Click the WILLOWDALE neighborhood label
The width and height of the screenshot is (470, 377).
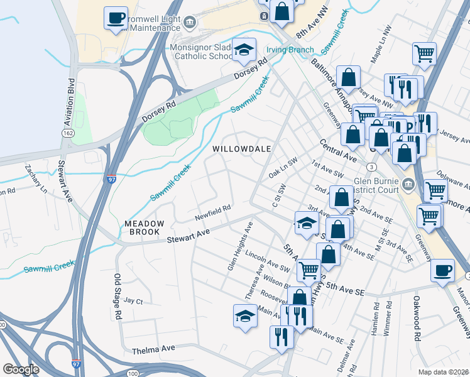pyautogui.click(x=241, y=149)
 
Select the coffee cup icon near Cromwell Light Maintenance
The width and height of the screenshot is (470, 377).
pyautogui.click(x=116, y=19)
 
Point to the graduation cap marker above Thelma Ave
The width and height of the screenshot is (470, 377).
pyautogui.click(x=245, y=316)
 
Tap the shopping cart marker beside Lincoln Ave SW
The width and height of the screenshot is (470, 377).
pyautogui.click(x=309, y=270)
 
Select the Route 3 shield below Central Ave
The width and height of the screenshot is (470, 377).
pyautogui.click(x=372, y=167)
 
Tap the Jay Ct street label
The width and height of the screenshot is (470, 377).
pyautogui.click(x=134, y=301)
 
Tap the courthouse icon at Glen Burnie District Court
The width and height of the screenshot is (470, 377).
pyautogui.click(x=409, y=183)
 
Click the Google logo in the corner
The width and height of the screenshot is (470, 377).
pyautogui.click(x=21, y=369)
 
